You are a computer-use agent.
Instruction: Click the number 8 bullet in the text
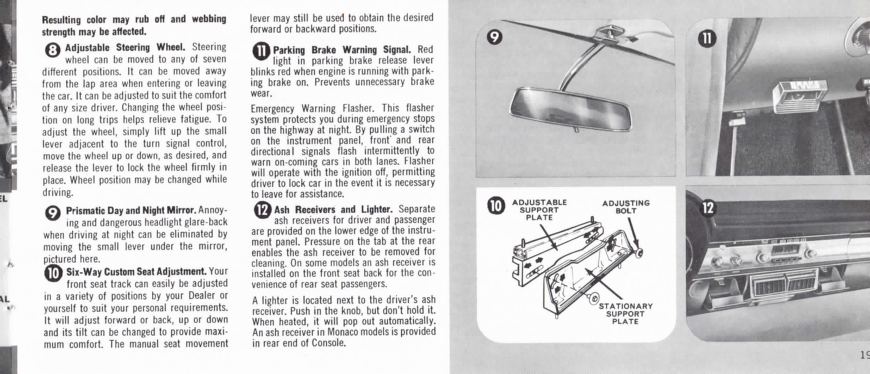52,51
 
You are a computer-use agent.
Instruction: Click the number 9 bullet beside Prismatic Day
52,213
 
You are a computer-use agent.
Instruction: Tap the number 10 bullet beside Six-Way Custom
53,273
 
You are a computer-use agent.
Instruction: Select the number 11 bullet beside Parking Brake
261,52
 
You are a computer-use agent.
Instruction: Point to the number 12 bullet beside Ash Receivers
262,210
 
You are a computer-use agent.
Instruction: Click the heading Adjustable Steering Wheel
125,47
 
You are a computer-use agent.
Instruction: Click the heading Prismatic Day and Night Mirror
130,210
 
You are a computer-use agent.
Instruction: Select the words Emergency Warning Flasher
315,108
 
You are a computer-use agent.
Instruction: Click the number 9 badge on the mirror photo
494,37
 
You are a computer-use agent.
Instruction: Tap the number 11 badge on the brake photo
705,38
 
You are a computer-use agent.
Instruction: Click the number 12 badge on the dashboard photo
707,207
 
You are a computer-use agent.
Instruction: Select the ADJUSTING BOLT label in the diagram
625,207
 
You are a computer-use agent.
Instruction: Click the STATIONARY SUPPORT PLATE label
625,314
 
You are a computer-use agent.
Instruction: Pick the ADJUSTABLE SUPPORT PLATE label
539,209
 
